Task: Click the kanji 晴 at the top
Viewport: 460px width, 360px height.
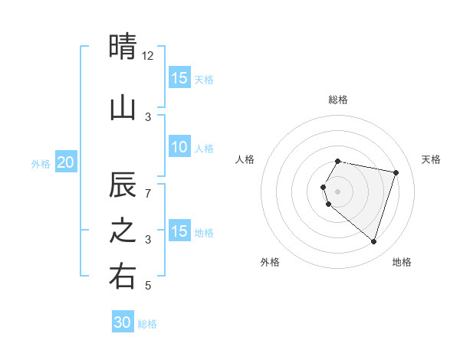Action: click(123, 47)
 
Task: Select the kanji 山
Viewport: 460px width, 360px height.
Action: click(123, 108)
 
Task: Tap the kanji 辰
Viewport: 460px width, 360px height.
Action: click(123, 185)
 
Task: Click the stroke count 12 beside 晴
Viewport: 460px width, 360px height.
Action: click(148, 55)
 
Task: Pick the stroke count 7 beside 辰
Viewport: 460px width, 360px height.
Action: click(148, 193)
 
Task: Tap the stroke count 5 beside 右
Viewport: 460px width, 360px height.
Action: click(148, 286)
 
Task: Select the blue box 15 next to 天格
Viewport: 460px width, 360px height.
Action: click(179, 77)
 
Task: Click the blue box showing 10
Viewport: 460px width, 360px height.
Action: click(179, 147)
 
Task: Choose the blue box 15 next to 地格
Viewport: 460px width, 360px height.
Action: click(179, 231)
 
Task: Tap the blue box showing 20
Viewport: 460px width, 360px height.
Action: click(66, 162)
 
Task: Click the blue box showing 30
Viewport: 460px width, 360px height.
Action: click(123, 322)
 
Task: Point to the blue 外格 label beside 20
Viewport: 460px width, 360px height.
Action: click(41, 163)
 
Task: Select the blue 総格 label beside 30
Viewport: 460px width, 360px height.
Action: click(147, 324)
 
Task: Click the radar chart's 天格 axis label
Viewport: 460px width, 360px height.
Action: click(431, 159)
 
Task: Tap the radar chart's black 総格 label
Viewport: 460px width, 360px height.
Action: click(337, 100)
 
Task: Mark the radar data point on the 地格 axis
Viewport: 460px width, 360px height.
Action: click(373, 242)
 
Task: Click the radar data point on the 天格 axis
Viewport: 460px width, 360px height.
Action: click(396, 172)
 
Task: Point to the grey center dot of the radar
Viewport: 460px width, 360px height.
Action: click(337, 191)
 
